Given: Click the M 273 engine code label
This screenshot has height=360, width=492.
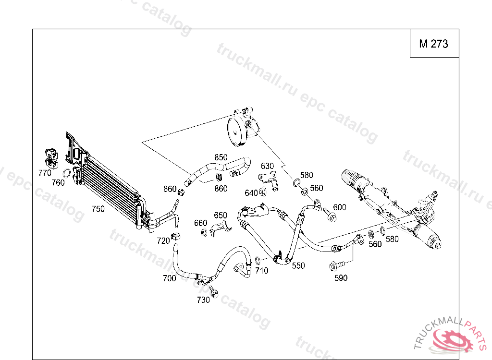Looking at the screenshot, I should pos(433,44).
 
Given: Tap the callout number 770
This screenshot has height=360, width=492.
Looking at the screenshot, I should pos(45,172).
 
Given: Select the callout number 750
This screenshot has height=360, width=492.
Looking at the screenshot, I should pos(98,209).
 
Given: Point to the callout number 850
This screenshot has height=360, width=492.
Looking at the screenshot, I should pos(221,157).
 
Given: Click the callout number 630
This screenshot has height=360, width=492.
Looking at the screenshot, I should pos(267,166).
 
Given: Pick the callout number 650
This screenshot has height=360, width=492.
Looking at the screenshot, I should pos(220,215).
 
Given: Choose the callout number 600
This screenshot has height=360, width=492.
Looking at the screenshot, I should pos(339,207).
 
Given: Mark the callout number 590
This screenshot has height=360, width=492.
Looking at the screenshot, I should pos(341,278).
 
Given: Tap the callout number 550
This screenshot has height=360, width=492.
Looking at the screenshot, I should pos(298,265).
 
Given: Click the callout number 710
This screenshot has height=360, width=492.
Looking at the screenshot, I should pos(262,271).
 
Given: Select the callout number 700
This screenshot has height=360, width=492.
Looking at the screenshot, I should pos(169,278).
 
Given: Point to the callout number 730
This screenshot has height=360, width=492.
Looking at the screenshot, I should pos(203,300).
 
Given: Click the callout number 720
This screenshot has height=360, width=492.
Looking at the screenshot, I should pos(163,240).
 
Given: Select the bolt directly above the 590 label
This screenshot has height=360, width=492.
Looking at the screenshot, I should pos(337,265).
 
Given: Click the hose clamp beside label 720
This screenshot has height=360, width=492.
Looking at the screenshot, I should pos(176,236).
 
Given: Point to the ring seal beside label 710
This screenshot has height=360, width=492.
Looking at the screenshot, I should pos(257,261).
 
